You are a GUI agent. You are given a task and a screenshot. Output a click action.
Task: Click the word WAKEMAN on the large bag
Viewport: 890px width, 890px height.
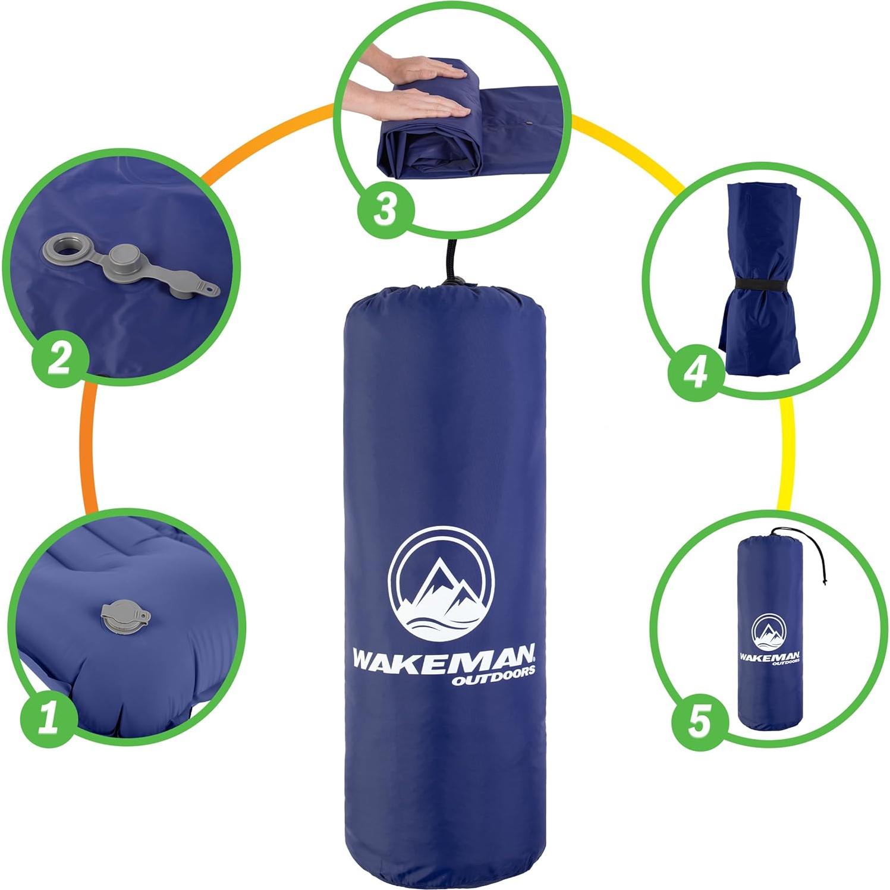click(x=444, y=659)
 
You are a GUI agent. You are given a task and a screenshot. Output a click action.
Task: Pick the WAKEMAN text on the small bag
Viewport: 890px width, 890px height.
click(x=769, y=656)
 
